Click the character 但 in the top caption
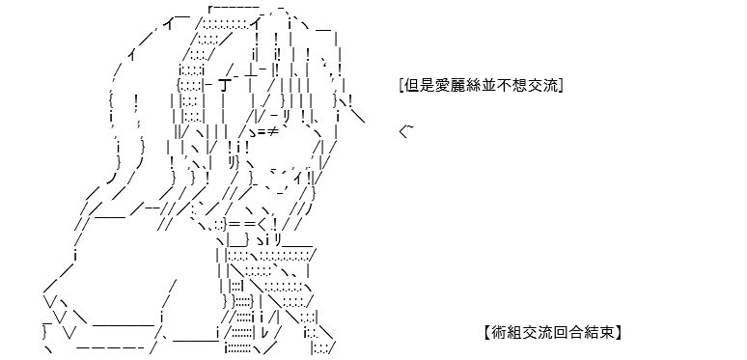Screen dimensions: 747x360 click(x=411, y=86)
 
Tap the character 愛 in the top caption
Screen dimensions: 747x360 click(x=435, y=86)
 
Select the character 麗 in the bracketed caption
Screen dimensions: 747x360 click(x=448, y=86)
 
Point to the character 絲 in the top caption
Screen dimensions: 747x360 click(x=460, y=86)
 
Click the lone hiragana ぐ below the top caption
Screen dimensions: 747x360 click(x=404, y=131)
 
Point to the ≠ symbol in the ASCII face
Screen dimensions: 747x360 click(x=272, y=131)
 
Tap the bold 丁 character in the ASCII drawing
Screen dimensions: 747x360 click(x=224, y=86)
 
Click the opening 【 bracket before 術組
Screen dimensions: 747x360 click(x=487, y=332)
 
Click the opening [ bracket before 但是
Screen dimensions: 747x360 click(x=402, y=86)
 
